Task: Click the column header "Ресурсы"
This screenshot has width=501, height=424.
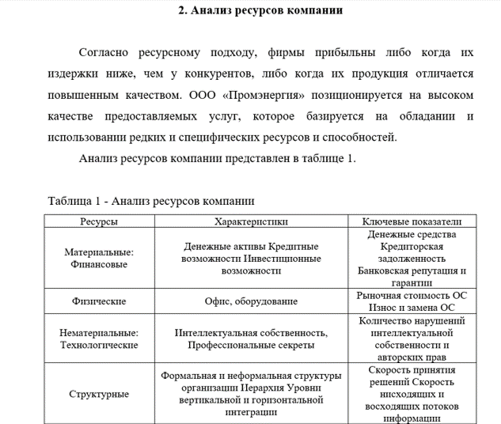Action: [x=99, y=221]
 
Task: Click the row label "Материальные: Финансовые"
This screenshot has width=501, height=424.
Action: [x=99, y=258]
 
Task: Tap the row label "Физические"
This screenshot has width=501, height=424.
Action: [x=99, y=301]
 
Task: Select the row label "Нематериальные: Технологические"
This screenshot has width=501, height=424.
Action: [x=99, y=339]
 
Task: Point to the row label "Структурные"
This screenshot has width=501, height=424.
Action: [x=99, y=394]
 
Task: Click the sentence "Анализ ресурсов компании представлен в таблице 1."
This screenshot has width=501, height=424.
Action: [x=218, y=157]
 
